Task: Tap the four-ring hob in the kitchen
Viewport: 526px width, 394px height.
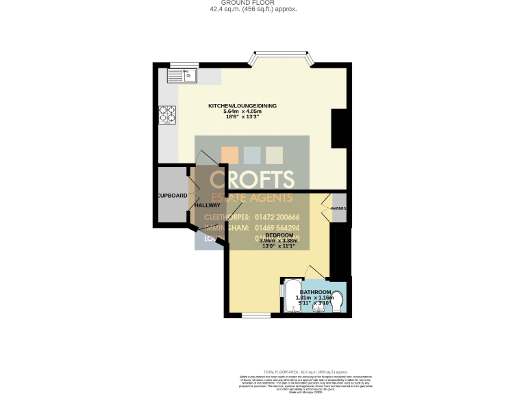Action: [x=167, y=114]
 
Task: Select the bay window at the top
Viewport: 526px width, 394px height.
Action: [x=282, y=57]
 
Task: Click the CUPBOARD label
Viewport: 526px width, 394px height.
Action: [x=171, y=196]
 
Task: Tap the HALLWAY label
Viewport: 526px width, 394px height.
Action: [x=208, y=205]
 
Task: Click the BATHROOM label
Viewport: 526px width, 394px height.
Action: [x=315, y=292]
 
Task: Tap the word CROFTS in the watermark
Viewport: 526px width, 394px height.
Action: [x=252, y=179]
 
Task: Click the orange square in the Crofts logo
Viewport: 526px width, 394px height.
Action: [x=231, y=155]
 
